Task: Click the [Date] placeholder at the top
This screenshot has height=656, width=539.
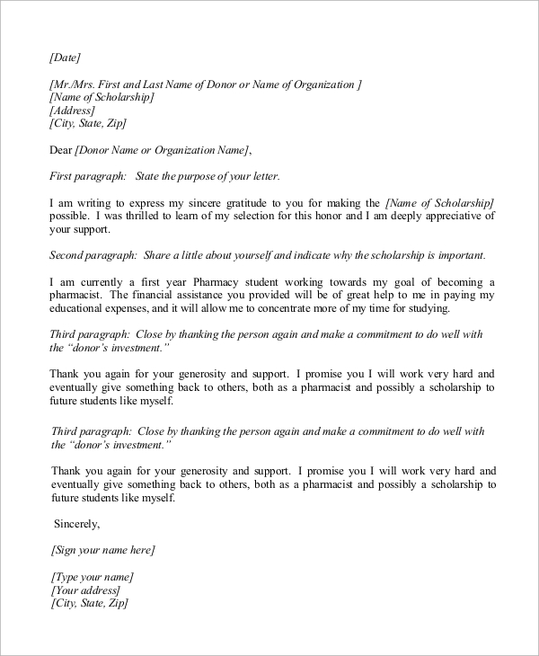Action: tap(66, 57)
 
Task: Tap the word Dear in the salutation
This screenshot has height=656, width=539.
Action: tap(62, 149)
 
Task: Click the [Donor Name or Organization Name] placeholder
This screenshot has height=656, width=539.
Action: tap(163, 149)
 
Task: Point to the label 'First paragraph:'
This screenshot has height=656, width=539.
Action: tap(83, 175)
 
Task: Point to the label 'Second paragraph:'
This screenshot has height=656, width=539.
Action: tap(91, 254)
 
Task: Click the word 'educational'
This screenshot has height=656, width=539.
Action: tap(83, 308)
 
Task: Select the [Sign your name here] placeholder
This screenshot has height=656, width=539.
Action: tap(103, 549)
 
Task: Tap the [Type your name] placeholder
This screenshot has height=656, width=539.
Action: tap(93, 576)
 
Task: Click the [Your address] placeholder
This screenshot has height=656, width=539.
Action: tap(85, 590)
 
